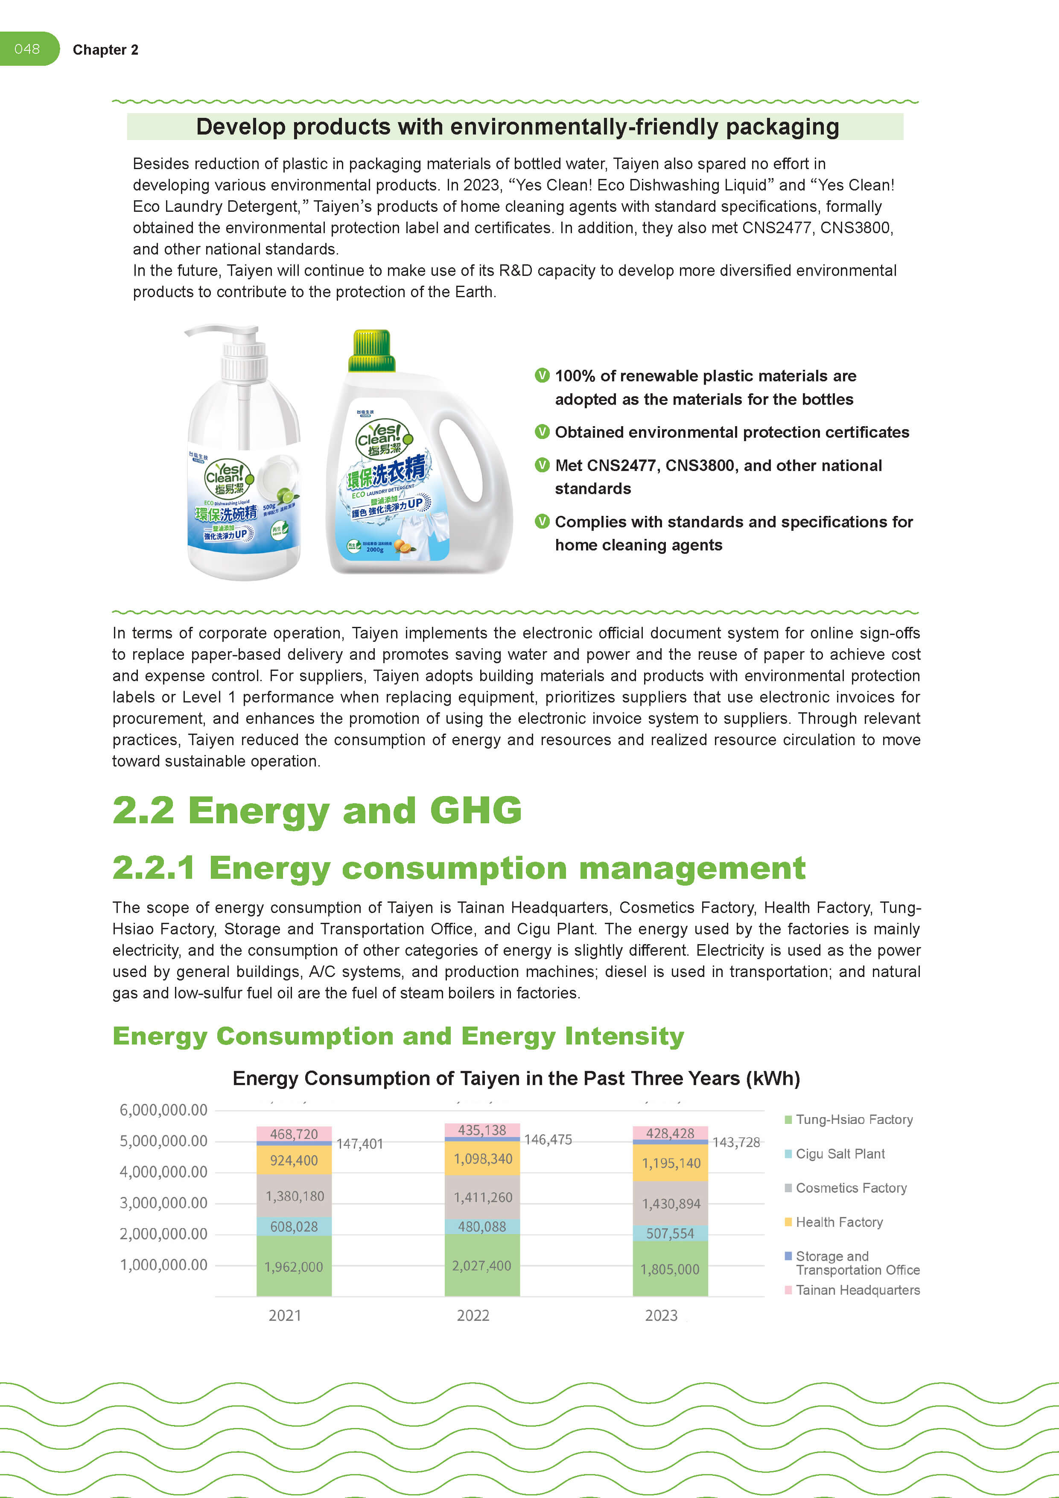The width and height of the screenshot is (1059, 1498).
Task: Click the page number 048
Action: click(x=27, y=49)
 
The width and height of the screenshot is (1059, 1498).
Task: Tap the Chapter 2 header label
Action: click(x=105, y=50)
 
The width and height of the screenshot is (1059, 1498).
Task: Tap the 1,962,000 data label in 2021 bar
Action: click(x=293, y=1267)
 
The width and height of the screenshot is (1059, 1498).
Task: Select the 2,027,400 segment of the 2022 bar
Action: click(x=482, y=1265)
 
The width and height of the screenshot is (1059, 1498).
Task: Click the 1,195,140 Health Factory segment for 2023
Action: click(x=670, y=1163)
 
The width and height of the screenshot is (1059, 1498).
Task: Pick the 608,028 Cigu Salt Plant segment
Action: click(x=293, y=1226)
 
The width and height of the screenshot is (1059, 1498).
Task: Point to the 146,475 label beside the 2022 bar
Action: click(x=548, y=1140)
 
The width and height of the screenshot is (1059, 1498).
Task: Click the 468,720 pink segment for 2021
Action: click(x=293, y=1134)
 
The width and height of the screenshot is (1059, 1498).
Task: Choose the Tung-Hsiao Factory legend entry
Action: click(x=854, y=1120)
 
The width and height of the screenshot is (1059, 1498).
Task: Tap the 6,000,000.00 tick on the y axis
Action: click(x=163, y=1110)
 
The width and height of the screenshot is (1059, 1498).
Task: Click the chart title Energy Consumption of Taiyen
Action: click(x=516, y=1079)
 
